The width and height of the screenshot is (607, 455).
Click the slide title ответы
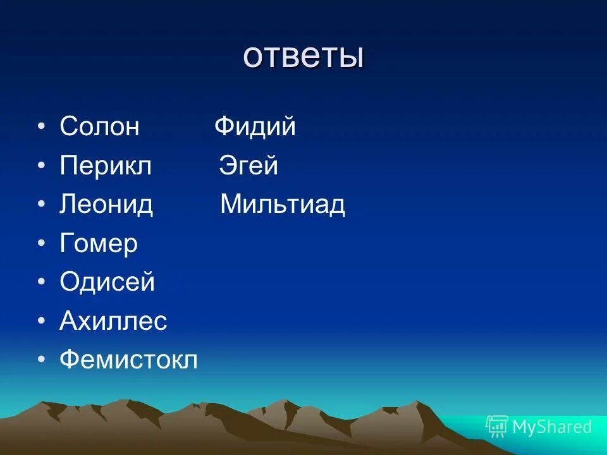[303, 57]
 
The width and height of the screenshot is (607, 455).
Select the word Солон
[99, 127]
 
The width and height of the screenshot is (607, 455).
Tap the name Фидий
[255, 127]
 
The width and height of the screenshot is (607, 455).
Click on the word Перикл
[106, 166]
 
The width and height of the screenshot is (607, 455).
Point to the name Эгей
[248, 166]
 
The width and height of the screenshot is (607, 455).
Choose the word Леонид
[106, 205]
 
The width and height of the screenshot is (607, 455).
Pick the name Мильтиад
[283, 205]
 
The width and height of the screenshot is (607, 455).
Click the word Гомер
[99, 244]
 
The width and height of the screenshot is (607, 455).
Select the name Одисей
[107, 282]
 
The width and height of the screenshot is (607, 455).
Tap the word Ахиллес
[113, 322]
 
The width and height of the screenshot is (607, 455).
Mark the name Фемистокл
[128, 360]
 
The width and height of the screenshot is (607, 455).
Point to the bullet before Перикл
[41, 167]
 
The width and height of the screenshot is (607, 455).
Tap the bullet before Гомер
[41, 245]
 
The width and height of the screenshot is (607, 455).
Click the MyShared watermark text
[552, 427]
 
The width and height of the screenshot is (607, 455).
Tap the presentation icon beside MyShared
[497, 427]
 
